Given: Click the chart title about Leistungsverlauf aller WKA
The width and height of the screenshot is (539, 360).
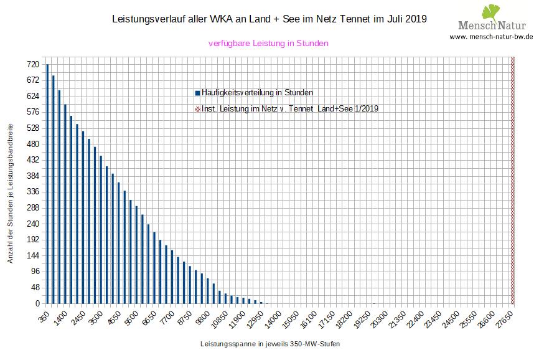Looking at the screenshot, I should coord(268,19).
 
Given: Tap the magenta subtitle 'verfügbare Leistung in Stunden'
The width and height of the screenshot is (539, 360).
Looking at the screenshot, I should coord(268,44).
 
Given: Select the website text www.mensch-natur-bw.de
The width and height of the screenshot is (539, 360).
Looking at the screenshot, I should coord(491,37).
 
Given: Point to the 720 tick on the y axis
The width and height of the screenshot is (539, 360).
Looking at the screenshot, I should coord(33,65).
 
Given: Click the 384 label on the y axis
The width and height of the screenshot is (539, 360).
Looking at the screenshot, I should coord(33,176).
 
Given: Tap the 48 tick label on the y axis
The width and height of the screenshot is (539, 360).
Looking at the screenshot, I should coord(35,288).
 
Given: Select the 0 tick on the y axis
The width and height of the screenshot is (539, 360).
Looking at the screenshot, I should coord(37,304).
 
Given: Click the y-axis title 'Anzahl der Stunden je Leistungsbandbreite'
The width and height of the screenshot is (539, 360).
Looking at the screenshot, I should coord(11,192).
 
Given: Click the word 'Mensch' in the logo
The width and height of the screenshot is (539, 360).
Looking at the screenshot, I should coord(476,26).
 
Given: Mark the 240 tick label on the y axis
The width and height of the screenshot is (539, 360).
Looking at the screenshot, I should coord(33,224).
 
